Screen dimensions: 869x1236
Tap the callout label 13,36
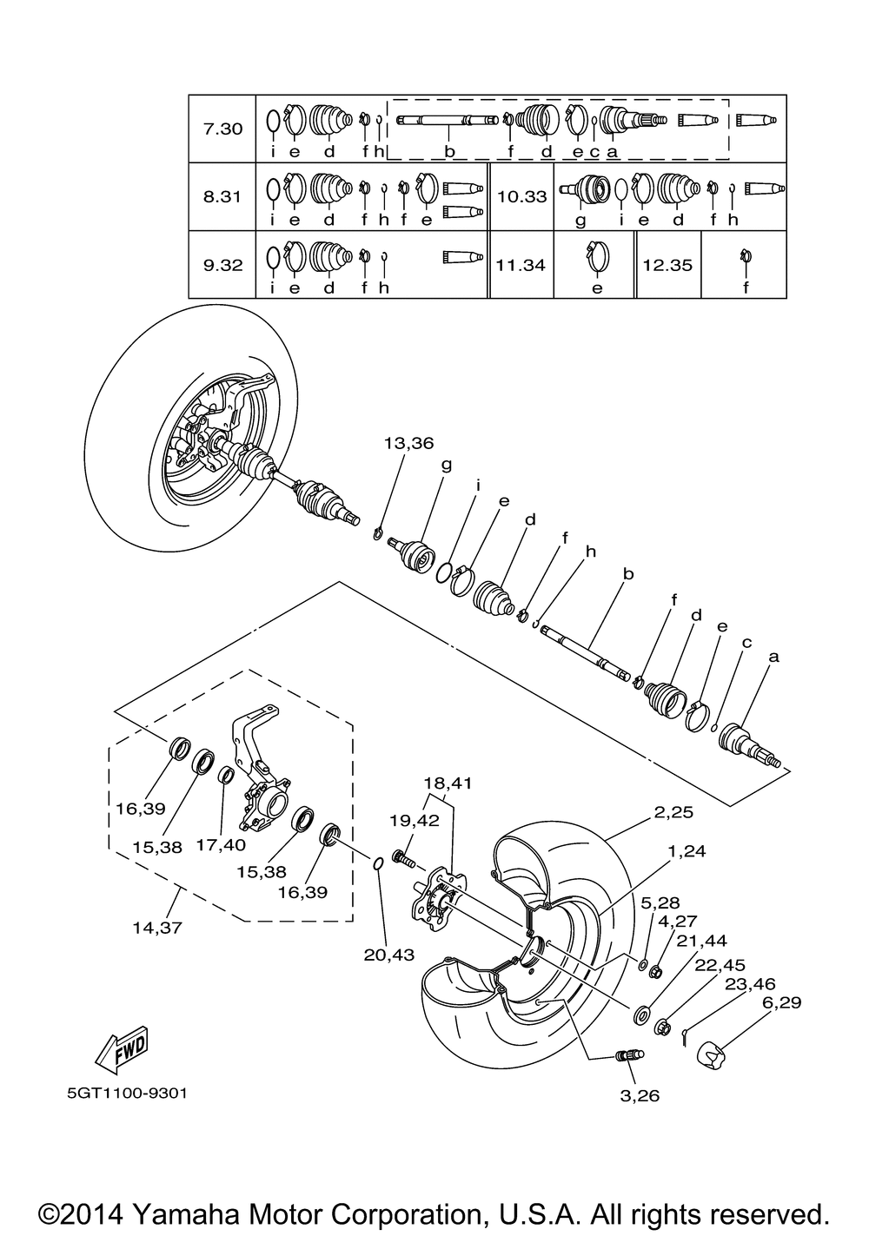[x=409, y=443]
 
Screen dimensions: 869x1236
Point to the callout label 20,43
[x=388, y=954]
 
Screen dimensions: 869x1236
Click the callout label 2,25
[x=673, y=811]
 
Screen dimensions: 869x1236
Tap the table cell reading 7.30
[x=222, y=129]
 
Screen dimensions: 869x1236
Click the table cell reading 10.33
[x=522, y=196]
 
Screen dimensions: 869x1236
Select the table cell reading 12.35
[x=667, y=265]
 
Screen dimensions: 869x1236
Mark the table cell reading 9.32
[x=222, y=265]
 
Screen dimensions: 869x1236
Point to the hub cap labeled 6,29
[x=715, y=1054]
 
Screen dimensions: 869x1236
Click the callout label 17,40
[x=221, y=844]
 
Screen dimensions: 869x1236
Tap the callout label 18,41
[x=448, y=783]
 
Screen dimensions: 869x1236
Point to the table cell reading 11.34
[x=521, y=265]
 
